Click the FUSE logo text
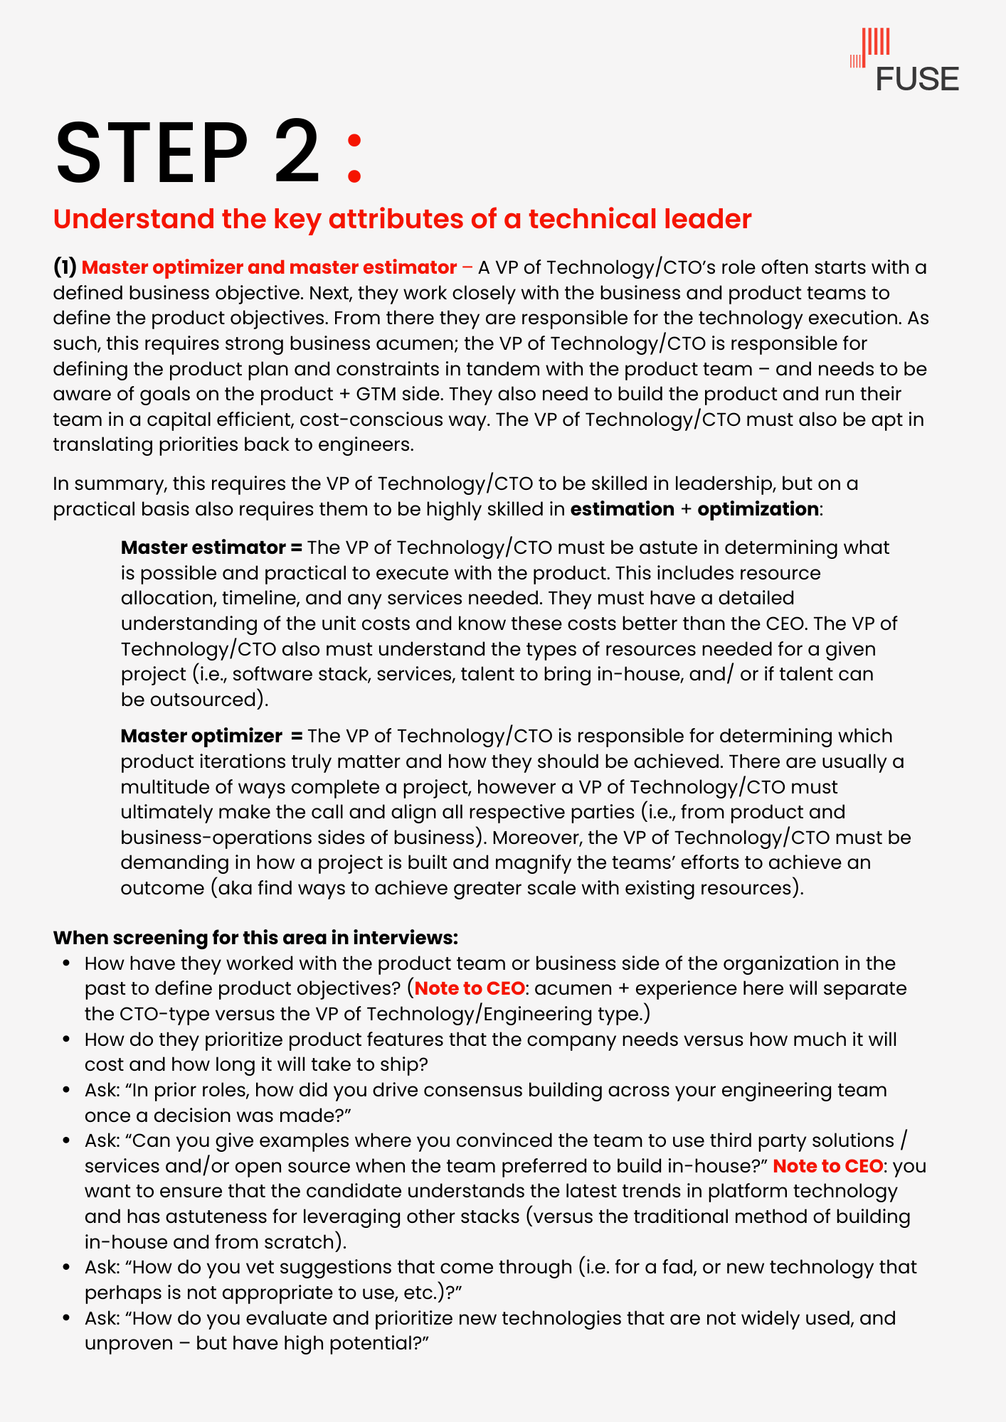[916, 79]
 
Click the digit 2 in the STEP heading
[297, 152]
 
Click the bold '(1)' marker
[65, 267]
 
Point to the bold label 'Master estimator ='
[211, 547]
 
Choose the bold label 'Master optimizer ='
[211, 736]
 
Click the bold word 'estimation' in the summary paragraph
[622, 509]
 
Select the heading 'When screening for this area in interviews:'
[255, 938]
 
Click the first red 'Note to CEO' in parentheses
[470, 988]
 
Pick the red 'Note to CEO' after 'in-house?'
[827, 1166]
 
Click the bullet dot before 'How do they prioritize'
[67, 1039]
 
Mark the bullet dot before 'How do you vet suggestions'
[67, 1267]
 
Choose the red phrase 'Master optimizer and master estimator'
[269, 267]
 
